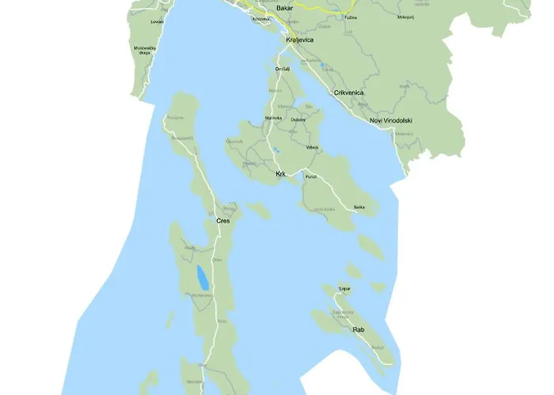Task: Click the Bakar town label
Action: (285, 7)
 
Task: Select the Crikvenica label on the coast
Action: (349, 92)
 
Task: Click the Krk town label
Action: (280, 173)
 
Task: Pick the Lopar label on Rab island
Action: (344, 289)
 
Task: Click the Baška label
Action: (359, 207)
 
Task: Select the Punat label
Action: (311, 177)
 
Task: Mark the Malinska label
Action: (274, 117)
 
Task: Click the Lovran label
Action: (157, 22)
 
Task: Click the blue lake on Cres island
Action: (203, 277)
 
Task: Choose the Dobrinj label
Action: (298, 119)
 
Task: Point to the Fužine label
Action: (351, 17)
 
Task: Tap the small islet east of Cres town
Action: (258, 210)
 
